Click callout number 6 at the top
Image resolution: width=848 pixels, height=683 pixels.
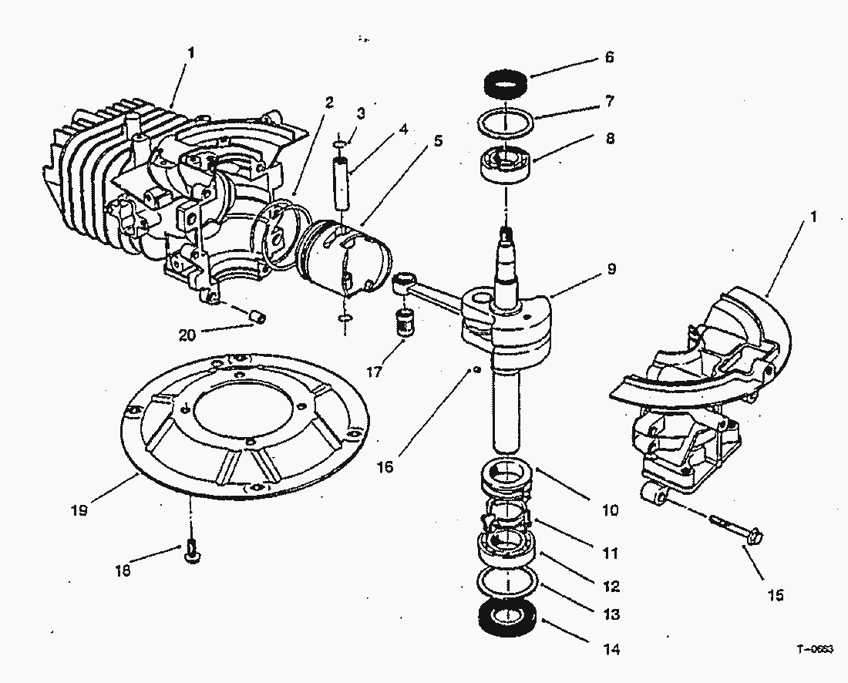tap(609, 58)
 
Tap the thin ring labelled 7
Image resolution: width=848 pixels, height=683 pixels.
tap(504, 122)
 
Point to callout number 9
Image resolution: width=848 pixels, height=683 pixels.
tap(611, 269)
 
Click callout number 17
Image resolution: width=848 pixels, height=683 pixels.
tap(375, 372)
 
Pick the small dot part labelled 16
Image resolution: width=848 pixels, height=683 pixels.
tap(478, 370)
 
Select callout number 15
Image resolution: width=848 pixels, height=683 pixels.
tap(775, 594)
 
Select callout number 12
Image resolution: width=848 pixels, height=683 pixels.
tap(611, 587)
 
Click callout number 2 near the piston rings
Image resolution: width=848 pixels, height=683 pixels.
tap(328, 101)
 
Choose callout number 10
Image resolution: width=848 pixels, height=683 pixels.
tap(610, 510)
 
